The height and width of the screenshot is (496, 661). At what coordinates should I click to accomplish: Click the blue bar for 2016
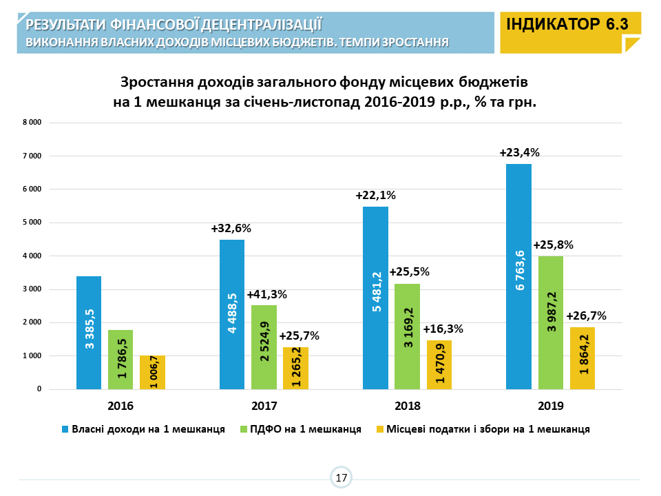[x=89, y=333]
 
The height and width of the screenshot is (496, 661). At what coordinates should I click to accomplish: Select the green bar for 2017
[x=264, y=347]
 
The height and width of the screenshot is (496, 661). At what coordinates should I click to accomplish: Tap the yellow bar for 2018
[x=439, y=364]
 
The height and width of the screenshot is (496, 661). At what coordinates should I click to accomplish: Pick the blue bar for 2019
[x=518, y=276]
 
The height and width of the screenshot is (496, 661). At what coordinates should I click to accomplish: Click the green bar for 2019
[x=551, y=322]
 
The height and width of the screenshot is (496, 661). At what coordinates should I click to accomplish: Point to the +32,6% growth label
[x=231, y=229]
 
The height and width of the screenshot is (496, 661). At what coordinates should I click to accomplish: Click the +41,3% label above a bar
[x=266, y=294]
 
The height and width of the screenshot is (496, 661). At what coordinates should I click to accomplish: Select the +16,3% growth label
[x=443, y=329]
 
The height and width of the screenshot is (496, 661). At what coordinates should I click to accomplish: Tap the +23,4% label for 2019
[x=519, y=153]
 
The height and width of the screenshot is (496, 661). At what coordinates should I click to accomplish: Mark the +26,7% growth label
[x=586, y=316]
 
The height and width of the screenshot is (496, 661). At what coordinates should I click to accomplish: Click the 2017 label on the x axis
[x=264, y=406]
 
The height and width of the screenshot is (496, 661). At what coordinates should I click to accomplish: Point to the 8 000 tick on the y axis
[x=32, y=123]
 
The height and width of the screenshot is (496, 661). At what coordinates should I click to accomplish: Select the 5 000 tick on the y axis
[x=32, y=223]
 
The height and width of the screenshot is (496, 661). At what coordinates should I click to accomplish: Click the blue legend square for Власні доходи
[x=66, y=429]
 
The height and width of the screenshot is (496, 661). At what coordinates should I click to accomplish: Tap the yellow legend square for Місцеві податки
[x=379, y=429]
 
